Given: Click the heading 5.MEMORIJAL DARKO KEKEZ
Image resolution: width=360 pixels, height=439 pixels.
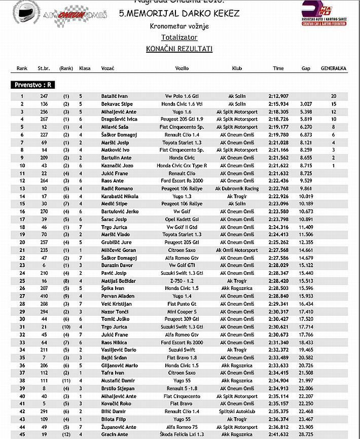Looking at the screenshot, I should click(179, 14).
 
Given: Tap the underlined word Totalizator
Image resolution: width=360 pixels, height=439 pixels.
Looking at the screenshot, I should click(179, 37).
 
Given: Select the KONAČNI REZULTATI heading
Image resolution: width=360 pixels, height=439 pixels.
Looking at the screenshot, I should click(179, 49).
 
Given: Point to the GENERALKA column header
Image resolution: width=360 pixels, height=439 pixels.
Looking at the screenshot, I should click(333, 68).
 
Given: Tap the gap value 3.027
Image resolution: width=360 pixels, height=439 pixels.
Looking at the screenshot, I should click(305, 103).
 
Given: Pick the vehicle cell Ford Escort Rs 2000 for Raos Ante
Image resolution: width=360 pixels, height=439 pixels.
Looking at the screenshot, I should click(182, 181).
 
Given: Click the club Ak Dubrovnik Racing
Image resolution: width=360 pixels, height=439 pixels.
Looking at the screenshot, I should click(237, 189).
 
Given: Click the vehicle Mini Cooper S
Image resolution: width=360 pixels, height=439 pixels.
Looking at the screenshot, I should click(182, 311).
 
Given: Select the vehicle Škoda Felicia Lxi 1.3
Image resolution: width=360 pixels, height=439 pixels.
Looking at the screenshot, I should click(182, 435).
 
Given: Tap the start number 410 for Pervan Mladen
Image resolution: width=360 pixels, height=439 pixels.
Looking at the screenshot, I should click(44, 296).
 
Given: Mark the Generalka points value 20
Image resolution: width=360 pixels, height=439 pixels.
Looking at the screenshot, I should click(333, 96).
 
